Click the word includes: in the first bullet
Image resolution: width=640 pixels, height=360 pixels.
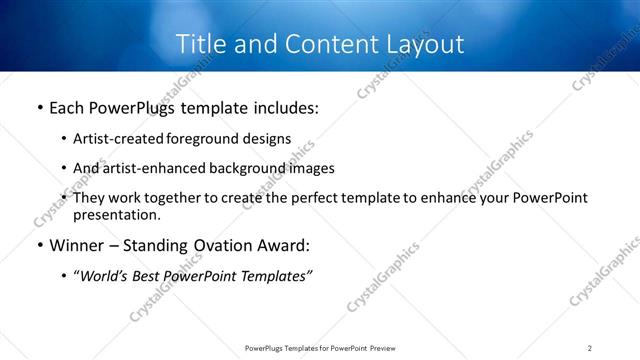[x=284, y=107]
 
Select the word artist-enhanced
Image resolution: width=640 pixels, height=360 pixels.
[x=152, y=168]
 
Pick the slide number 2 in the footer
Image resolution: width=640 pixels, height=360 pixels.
[x=590, y=348]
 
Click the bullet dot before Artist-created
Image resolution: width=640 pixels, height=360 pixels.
[x=64, y=140]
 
